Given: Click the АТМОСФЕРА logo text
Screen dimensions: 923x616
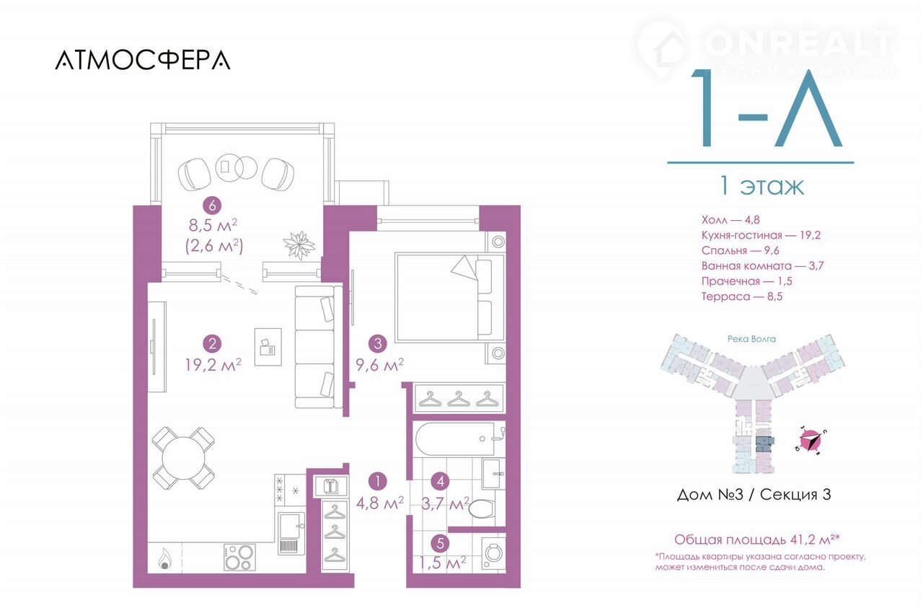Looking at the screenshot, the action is click(143, 60).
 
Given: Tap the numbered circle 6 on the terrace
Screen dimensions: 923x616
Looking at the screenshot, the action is click(213, 206).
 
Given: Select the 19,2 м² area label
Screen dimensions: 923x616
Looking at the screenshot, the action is click(213, 365).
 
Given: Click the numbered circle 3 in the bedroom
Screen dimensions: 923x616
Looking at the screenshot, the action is click(378, 343).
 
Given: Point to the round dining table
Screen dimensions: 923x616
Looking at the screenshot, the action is click(183, 458).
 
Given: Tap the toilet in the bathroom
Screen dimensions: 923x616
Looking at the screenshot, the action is click(482, 508).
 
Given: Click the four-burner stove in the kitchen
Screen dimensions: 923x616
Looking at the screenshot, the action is click(239, 557).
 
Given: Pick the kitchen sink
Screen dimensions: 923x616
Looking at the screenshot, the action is click(291, 534).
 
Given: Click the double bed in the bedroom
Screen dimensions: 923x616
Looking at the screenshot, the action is click(450, 298).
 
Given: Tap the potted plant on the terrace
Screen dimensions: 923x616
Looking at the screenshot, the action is click(299, 245).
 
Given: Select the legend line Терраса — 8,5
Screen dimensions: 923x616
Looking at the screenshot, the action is click(742, 296).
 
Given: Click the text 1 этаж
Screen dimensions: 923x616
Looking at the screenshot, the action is click(761, 186).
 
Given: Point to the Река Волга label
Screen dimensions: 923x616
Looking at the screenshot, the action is click(751, 339).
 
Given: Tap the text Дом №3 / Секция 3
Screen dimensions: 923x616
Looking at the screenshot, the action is click(754, 494).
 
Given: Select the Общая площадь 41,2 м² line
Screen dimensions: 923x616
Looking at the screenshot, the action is click(757, 540).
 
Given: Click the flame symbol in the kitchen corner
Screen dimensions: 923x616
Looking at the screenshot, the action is click(164, 559).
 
